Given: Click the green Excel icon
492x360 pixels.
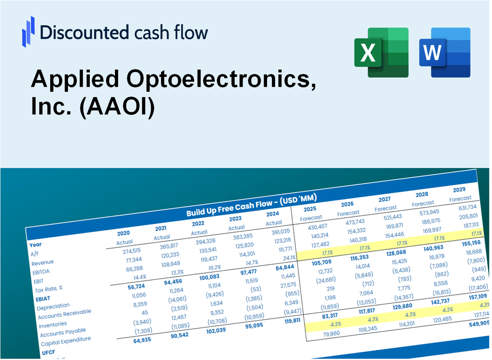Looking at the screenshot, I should click(382, 52).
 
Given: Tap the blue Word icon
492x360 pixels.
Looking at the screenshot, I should click(445, 52).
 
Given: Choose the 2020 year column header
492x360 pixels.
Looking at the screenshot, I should click(123, 233).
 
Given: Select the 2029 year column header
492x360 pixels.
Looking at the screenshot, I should click(459, 190).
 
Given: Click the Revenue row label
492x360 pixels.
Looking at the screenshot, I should click(42, 262).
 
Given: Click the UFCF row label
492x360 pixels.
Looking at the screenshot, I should click(48, 352).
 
